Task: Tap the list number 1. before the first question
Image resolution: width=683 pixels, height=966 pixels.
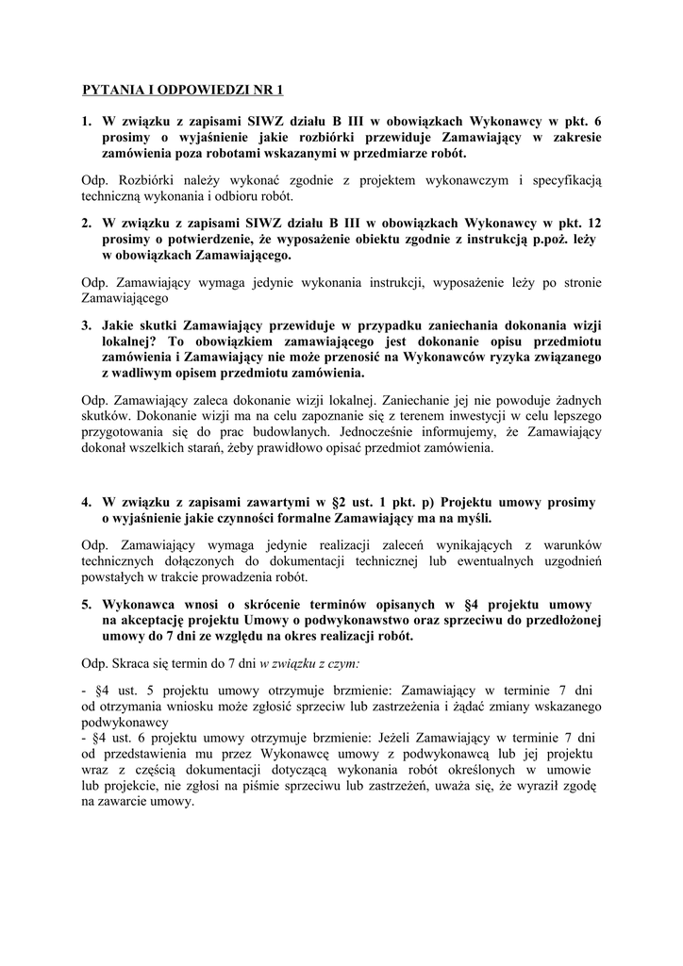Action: coord(86,121)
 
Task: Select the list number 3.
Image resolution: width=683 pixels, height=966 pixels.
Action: coord(86,324)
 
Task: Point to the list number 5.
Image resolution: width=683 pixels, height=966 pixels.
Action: coord(86,602)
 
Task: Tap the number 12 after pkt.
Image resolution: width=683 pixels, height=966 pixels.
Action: coord(593,223)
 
